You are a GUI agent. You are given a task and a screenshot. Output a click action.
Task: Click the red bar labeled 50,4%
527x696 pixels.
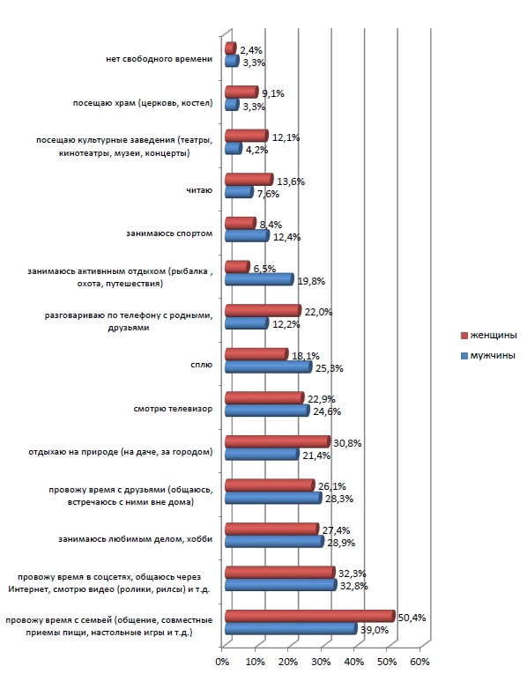coord(310,616)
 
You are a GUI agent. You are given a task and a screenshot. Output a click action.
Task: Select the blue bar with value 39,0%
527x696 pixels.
coord(291,628)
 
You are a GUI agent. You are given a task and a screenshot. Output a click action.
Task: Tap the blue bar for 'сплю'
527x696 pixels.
coord(269,367)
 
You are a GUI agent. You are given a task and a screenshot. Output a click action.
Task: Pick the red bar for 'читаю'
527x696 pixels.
coord(249,180)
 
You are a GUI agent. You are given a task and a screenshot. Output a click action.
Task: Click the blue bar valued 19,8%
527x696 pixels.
coord(259,279)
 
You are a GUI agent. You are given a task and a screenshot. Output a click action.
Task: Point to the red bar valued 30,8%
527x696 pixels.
coord(278,441)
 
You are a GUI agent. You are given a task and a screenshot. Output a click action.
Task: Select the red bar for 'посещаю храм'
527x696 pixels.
coord(241,92)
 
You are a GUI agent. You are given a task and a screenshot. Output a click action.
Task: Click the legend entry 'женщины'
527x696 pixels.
coord(489,335)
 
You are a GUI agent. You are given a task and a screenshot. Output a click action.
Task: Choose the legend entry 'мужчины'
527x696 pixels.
coord(488,356)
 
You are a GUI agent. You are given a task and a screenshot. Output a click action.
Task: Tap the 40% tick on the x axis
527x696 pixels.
coord(354,662)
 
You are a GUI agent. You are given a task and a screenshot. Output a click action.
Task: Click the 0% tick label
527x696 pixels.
coord(222,662)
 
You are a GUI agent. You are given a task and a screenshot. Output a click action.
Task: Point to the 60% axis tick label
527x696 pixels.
coord(420,662)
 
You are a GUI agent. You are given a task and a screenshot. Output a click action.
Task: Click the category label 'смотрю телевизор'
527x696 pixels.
coord(173,409)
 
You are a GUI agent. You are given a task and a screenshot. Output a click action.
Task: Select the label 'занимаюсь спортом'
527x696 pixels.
coord(169,233)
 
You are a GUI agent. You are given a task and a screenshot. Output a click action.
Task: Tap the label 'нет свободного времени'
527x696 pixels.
coord(160,59)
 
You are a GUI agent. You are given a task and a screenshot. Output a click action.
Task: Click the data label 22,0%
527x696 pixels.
coord(318,312)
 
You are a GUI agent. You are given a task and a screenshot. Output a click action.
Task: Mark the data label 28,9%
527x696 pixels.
coord(341,543)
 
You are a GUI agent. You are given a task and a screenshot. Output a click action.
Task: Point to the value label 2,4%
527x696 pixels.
coord(251,50)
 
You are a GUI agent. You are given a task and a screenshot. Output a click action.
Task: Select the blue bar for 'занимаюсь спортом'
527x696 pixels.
coord(248,235)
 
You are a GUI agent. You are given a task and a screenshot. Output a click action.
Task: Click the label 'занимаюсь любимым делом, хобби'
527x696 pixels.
coord(136,539)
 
